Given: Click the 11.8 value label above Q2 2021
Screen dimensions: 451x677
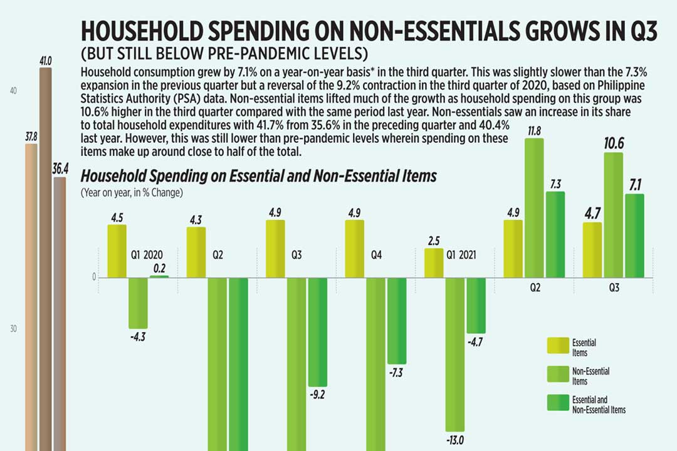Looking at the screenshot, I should pyautogui.click(x=534, y=130).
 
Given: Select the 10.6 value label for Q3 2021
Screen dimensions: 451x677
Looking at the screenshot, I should pyautogui.click(x=614, y=143).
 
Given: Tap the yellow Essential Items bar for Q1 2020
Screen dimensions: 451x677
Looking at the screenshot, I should pyautogui.click(x=117, y=251).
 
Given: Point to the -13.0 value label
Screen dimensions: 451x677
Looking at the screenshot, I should pyautogui.click(x=456, y=440).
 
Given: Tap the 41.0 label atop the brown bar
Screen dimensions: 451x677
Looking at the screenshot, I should pyautogui.click(x=45, y=61).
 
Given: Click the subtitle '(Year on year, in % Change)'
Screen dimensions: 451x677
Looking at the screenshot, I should pyautogui.click(x=132, y=193).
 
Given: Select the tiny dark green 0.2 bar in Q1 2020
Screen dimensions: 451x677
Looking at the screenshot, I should pyautogui.click(x=159, y=276).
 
